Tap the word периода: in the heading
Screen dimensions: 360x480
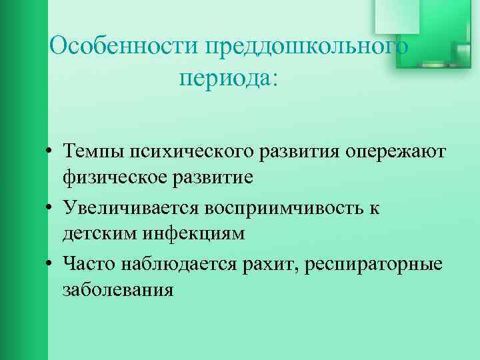(227, 78)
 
